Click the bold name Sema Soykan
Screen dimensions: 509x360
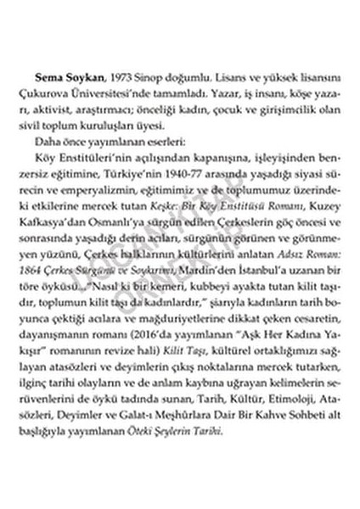coord(74,64)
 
